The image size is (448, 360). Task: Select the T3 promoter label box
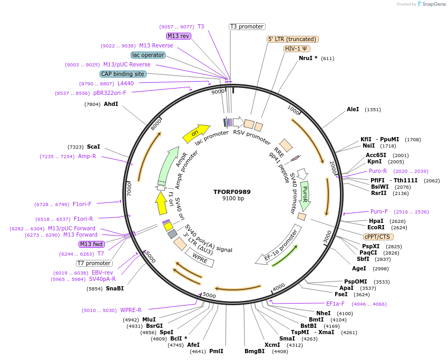coord(247,26)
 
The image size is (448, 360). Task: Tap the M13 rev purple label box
coord(178,36)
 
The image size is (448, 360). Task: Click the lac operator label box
coord(148,55)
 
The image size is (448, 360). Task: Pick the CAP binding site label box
coord(123,74)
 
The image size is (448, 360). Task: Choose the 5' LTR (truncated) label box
coord(293,39)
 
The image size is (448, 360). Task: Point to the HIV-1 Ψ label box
coord(297,48)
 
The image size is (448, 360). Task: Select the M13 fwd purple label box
coord(92,244)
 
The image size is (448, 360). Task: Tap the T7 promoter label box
coord(94,263)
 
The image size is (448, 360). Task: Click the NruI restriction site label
coord(308,58)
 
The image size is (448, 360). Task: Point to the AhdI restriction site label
coord(111,104)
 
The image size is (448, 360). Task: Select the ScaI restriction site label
coord(93,147)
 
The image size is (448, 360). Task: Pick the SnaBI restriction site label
coord(114,288)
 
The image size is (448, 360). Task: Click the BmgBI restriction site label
coord(255,351)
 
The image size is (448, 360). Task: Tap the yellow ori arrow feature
coord(196,134)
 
